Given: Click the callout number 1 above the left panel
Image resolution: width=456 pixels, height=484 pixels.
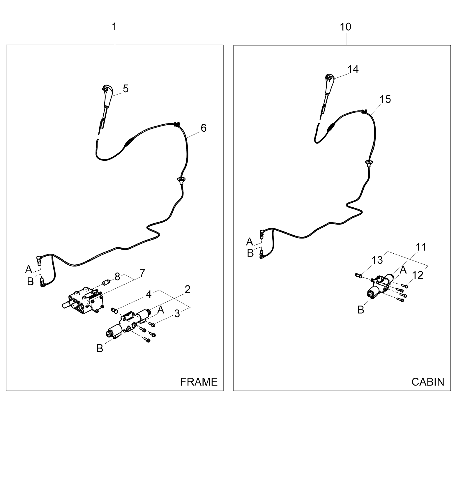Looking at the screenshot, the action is click(114, 27).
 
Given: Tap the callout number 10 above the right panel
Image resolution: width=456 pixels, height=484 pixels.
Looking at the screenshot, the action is click(346, 27).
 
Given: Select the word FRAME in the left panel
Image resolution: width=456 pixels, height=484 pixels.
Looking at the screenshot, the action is click(199, 381).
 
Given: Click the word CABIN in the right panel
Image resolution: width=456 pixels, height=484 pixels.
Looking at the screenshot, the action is click(428, 381).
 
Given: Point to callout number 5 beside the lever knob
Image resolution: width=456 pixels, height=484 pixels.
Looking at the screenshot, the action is click(126, 89).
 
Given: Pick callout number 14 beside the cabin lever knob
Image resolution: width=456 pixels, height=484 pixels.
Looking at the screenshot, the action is click(353, 69).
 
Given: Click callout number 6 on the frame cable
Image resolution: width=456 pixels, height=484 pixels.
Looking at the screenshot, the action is click(204, 128).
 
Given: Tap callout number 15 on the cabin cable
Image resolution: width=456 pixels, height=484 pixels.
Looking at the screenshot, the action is click(385, 99).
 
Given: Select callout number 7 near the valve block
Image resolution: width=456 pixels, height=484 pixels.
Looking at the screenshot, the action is click(142, 273).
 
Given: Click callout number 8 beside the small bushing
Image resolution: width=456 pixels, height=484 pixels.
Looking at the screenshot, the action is click(117, 277).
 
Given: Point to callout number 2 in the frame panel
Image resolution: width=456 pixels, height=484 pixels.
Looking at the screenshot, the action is click(188, 289).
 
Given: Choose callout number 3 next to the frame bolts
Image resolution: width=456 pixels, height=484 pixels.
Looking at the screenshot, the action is click(177, 314).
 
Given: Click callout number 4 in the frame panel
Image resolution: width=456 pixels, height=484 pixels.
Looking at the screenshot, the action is click(149, 295).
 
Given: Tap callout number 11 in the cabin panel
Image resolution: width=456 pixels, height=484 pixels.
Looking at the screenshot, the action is click(421, 247).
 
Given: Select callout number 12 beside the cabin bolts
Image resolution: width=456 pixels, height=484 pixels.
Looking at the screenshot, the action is click(418, 275).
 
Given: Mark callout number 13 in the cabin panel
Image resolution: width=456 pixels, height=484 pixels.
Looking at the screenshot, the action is click(377, 260).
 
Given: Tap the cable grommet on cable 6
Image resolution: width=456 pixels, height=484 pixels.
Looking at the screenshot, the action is click(181, 181).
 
